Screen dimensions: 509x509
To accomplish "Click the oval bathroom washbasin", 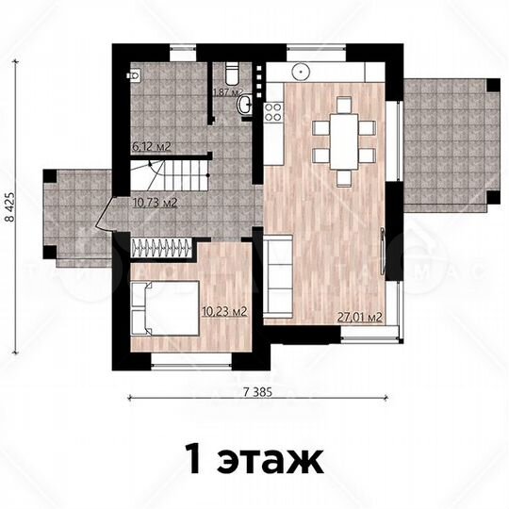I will (x=245, y=104).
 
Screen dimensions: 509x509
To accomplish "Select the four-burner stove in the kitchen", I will (x=274, y=113).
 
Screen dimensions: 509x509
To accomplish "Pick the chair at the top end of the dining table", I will (x=345, y=108).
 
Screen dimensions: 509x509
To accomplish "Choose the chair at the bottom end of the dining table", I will (x=345, y=176).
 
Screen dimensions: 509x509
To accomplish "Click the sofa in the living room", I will (x=277, y=277).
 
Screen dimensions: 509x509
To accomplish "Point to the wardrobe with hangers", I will (x=162, y=247).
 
